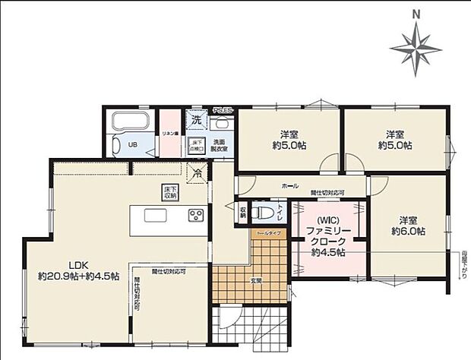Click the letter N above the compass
click(416, 13)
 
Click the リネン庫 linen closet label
click(169, 133)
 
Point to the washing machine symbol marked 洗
click(196, 120)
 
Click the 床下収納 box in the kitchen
click(168, 193)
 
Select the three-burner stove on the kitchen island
click(195, 215)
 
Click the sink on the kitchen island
click(155, 215)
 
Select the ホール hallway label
click(289, 185)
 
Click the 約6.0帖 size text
click(408, 230)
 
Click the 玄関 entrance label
click(255, 280)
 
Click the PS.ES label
click(223, 110)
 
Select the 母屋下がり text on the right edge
click(463, 266)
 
